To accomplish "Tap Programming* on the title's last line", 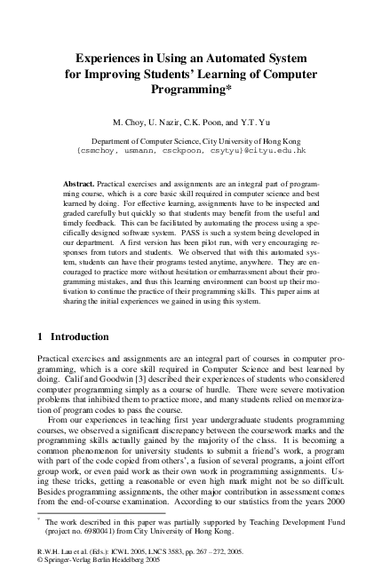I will [191, 90].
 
